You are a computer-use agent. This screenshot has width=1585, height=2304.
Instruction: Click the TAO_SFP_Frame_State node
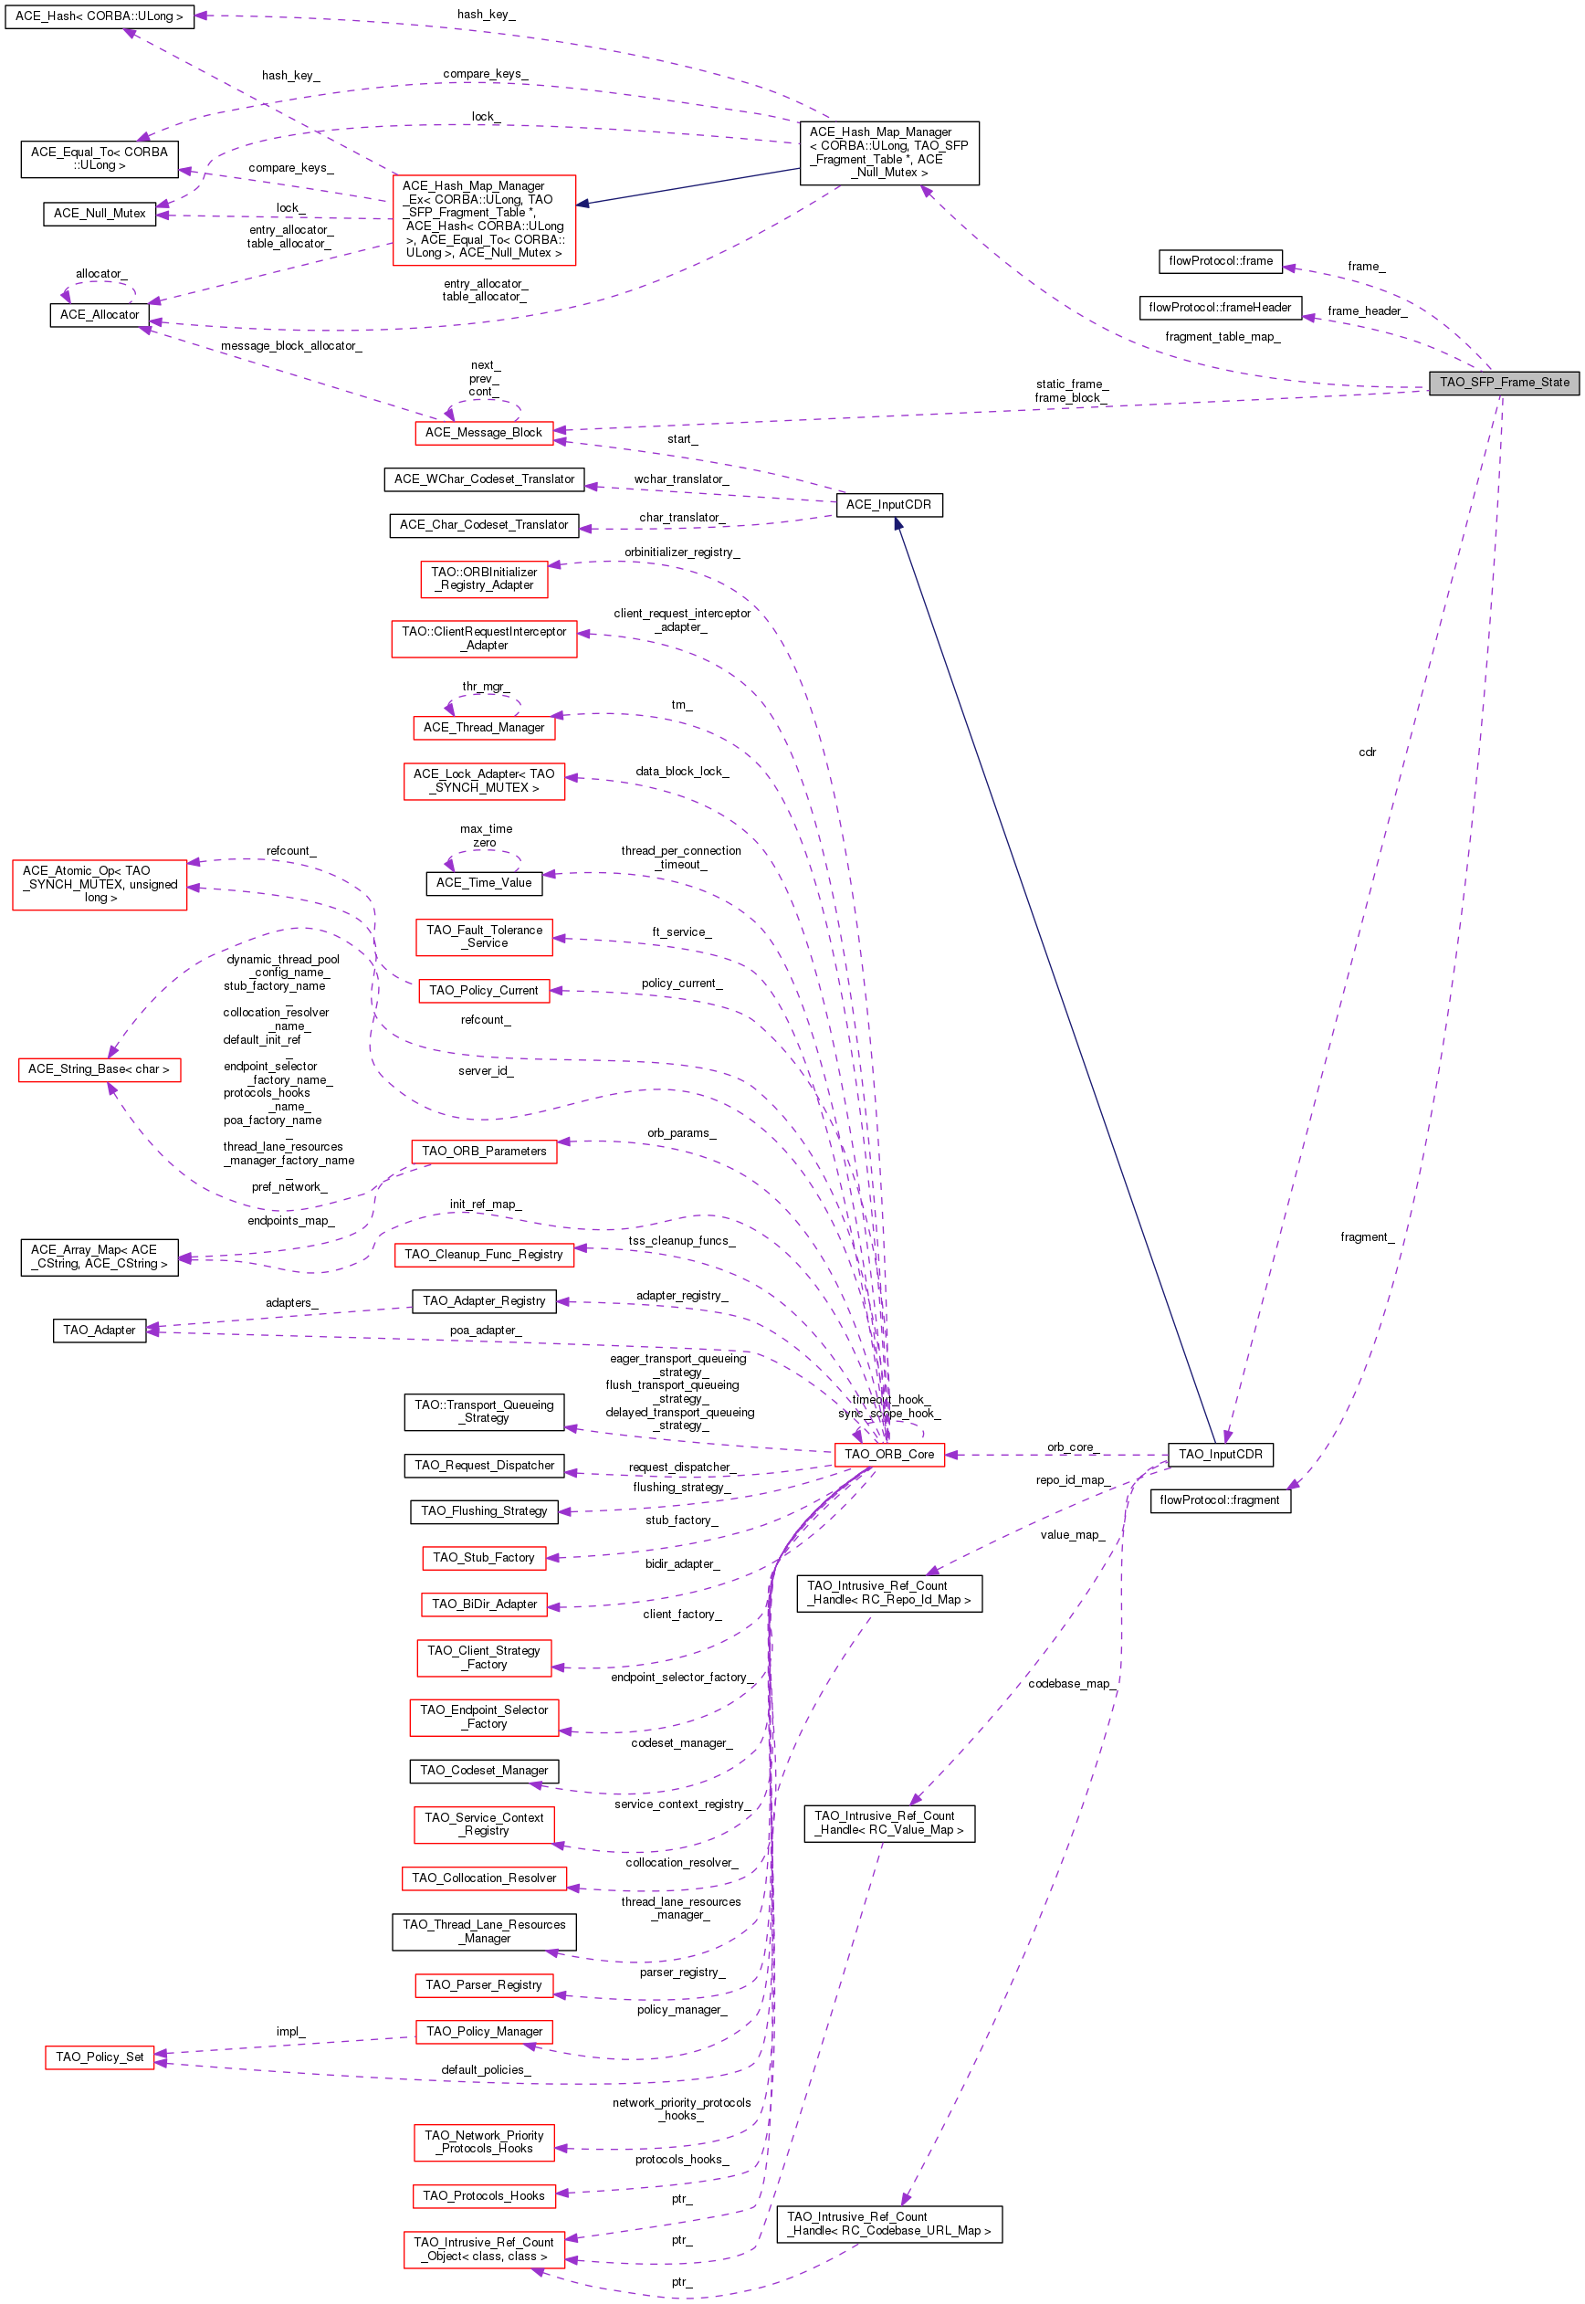coord(1503,383)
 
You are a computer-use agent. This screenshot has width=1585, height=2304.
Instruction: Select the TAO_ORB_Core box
coord(889,1454)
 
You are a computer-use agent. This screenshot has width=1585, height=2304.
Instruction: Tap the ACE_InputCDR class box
coord(889,504)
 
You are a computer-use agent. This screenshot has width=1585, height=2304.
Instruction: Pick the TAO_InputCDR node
coord(1220,1454)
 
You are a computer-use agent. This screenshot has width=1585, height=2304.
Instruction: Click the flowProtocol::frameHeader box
coord(1220,308)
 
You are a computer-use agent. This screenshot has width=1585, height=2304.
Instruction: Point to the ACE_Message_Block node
coord(484,432)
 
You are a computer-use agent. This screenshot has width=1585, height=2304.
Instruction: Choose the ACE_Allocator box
coord(100,315)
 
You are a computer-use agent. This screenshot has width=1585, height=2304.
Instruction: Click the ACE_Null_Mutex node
coord(100,214)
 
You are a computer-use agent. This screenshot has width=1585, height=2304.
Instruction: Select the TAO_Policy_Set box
coord(100,2057)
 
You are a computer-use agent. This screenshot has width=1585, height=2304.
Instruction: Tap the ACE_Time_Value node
coord(484,882)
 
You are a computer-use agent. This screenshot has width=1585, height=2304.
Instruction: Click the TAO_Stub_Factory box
coord(484,1557)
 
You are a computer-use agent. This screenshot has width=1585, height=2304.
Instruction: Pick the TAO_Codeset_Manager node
coord(484,1770)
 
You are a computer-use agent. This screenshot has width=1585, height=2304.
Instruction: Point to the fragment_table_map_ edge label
coord(1223,337)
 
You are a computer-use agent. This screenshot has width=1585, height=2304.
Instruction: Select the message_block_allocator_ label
coord(291,345)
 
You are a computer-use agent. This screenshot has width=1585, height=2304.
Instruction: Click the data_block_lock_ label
coord(682,771)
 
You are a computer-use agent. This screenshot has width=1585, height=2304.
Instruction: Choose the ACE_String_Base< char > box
coord(100,1068)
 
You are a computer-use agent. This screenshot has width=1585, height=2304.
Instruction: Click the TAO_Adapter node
coord(100,1330)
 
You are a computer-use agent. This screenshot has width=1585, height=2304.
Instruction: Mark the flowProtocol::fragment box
coord(1220,1499)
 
